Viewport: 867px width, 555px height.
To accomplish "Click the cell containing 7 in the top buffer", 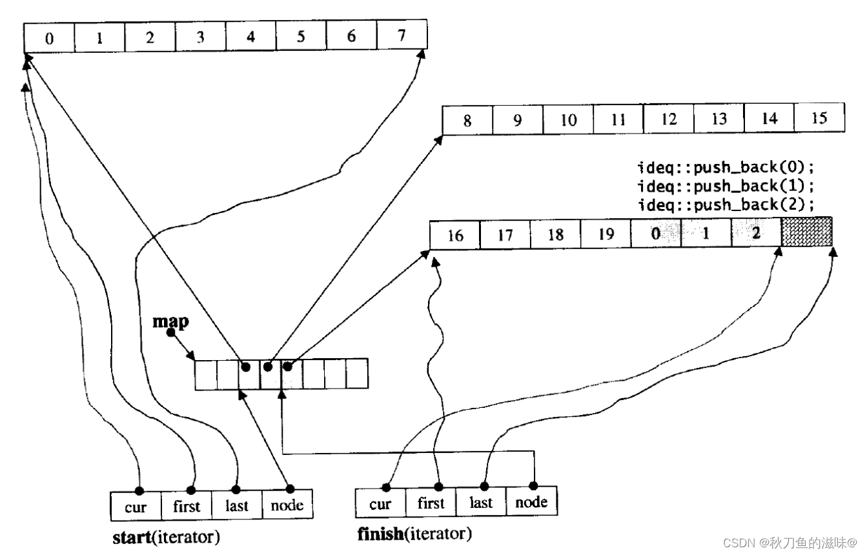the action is (x=402, y=35).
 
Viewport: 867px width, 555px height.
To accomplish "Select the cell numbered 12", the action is (x=668, y=119).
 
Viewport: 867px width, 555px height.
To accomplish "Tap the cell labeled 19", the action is (x=606, y=234).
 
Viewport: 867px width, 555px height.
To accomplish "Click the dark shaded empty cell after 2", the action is (x=806, y=232).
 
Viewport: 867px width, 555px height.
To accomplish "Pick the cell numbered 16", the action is (x=454, y=236).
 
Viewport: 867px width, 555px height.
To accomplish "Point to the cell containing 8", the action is (x=467, y=121).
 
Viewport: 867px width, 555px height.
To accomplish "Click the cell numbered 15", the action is (x=819, y=117).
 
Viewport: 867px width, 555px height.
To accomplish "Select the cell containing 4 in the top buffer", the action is (x=251, y=36).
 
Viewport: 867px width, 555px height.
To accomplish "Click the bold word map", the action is (x=170, y=322).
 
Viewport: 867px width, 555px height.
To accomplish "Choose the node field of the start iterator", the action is (x=287, y=504).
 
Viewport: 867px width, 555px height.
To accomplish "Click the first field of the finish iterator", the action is (x=431, y=503).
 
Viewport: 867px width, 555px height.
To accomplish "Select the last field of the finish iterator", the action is (x=481, y=502).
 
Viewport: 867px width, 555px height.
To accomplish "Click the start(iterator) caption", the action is (x=167, y=537).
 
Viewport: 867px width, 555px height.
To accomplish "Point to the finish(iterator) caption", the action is (x=414, y=534).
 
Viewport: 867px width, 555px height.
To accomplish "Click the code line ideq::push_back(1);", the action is (x=726, y=186).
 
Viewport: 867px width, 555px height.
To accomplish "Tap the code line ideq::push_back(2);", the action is (x=726, y=205).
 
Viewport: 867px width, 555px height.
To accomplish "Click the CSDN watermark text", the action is (x=790, y=543).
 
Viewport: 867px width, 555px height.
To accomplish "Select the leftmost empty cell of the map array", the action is (x=206, y=375).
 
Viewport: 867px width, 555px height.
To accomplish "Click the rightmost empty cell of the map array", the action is (x=357, y=373).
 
